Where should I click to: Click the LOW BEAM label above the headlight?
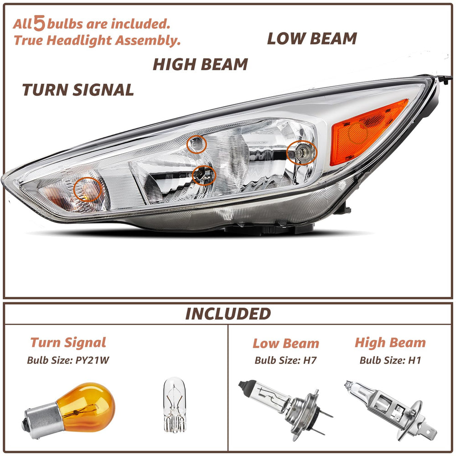(312, 39)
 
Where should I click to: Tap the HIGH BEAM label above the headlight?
(200, 64)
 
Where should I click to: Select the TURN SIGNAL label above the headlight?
(78, 89)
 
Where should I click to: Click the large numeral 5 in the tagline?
(39, 23)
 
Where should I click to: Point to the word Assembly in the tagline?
(148, 41)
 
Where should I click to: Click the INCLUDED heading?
(228, 314)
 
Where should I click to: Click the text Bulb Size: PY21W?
(68, 360)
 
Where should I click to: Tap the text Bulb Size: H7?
(285, 360)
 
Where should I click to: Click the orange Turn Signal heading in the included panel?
(68, 343)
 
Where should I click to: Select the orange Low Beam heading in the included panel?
(286, 343)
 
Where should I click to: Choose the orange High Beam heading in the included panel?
(390, 343)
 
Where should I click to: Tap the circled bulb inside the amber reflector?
(358, 133)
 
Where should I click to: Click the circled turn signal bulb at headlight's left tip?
(88, 190)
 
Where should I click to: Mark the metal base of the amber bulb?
(41, 422)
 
